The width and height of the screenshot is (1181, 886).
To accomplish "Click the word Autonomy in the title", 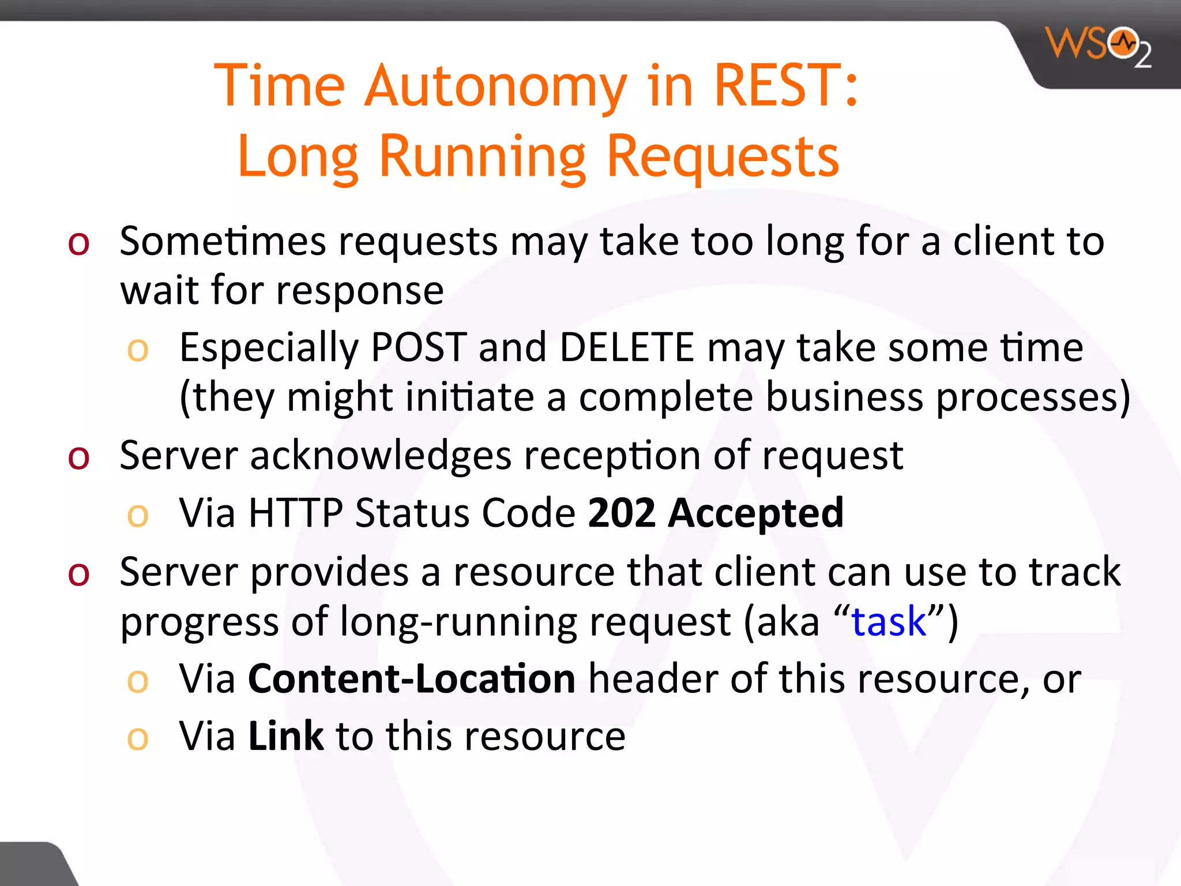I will (x=495, y=87).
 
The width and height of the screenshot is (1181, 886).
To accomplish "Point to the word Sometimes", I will (x=222, y=241).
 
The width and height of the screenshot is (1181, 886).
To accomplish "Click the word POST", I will (x=418, y=348).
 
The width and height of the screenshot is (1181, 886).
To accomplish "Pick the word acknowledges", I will (x=381, y=456).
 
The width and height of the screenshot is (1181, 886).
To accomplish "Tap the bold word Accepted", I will (x=755, y=513).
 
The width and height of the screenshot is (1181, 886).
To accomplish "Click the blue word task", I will (x=889, y=622).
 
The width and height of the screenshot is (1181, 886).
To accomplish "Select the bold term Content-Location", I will (x=411, y=679).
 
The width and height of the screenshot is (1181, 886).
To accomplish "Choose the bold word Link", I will (x=286, y=736).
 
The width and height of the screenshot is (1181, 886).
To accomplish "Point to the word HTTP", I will (x=295, y=513).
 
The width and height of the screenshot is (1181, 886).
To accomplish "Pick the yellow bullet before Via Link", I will (x=138, y=739).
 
